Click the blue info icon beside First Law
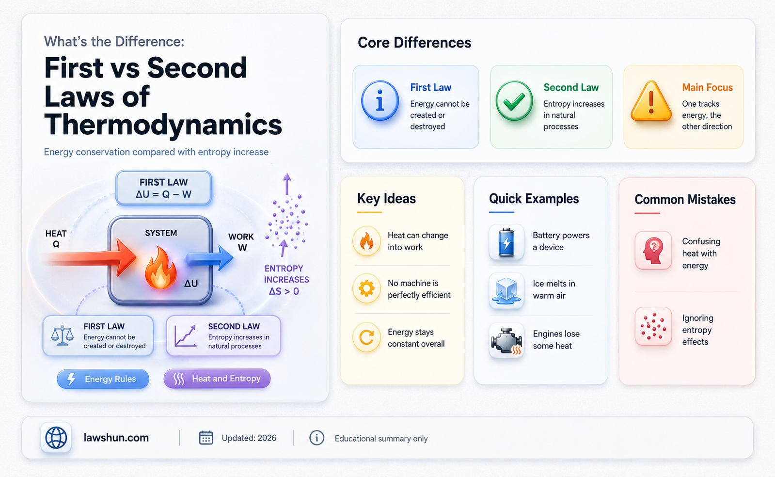pos(380,100)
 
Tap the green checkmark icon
pos(514,100)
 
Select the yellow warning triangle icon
pos(651,101)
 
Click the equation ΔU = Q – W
pos(163,194)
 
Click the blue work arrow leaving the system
pos(209,258)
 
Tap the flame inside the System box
pos(161,268)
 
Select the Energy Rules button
pos(103,379)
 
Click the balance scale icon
pos(62,335)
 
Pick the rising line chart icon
pos(186,335)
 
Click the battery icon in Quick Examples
pos(506,242)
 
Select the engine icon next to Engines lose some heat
pos(506,340)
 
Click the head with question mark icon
pos(653,250)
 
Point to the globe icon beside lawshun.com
pos(56,438)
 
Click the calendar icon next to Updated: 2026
pos(206,438)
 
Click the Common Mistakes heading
pos(685,199)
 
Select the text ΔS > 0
pos(284,291)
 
